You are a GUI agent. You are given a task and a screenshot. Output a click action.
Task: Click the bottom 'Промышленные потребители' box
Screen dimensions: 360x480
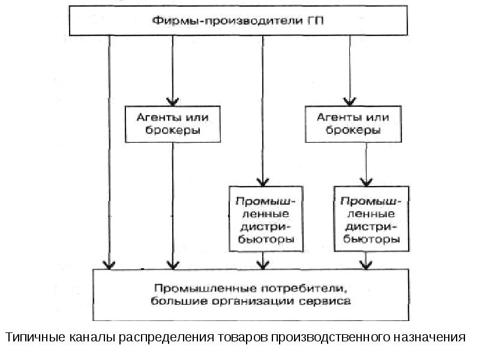pyautogui.click(x=249, y=295)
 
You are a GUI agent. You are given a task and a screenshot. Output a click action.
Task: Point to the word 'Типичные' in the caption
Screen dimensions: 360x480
pyautogui.click(x=32, y=337)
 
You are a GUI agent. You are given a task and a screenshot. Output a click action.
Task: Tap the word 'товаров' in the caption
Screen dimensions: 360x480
pyautogui.click(x=233, y=337)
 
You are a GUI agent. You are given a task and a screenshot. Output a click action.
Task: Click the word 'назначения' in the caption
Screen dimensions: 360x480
pyautogui.click(x=429, y=337)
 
